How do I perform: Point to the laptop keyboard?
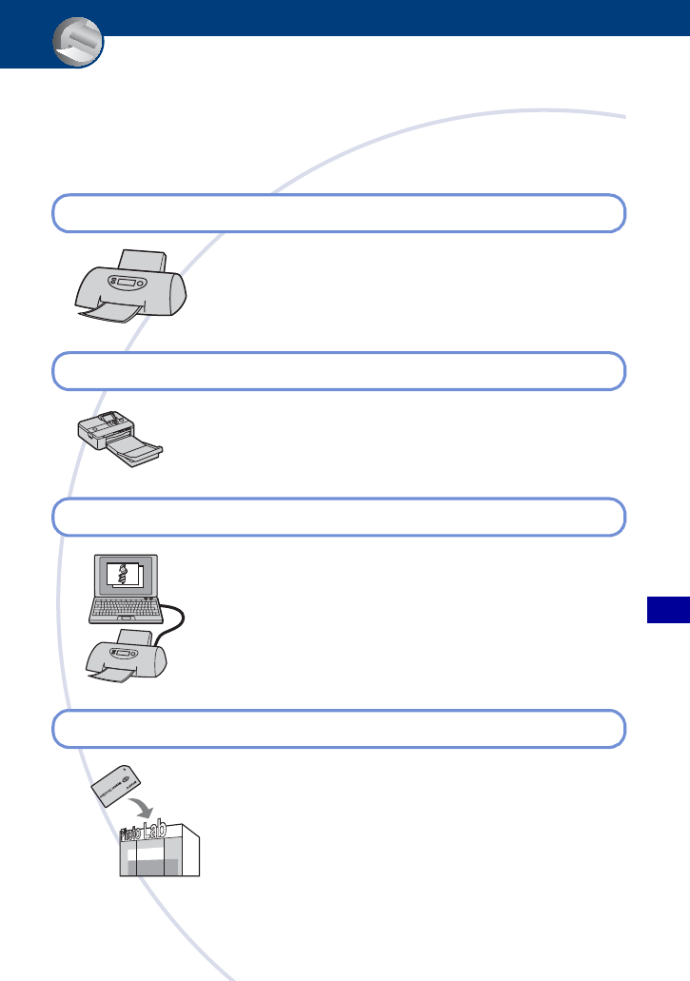(x=125, y=610)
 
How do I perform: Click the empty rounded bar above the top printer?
(x=338, y=213)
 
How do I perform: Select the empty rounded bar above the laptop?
(x=338, y=517)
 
